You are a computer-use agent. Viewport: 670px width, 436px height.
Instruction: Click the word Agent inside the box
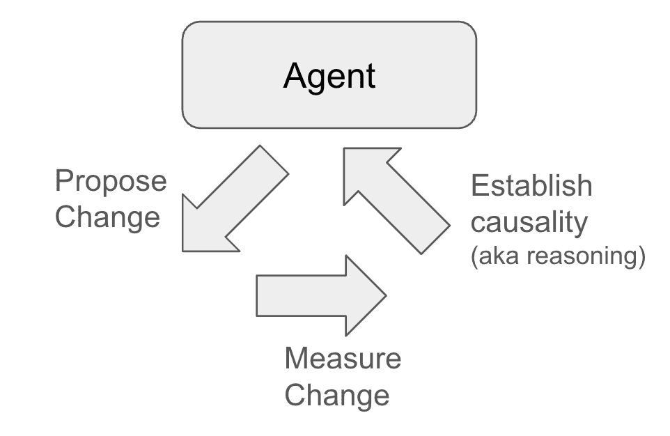[329, 75]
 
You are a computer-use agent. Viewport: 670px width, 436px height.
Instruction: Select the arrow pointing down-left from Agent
[230, 203]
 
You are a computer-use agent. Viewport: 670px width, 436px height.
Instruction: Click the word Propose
[111, 182]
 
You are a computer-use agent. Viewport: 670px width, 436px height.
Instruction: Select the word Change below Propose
[107, 217]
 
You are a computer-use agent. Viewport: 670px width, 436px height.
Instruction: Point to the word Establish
[531, 186]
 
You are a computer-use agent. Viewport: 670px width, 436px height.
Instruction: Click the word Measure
[343, 359]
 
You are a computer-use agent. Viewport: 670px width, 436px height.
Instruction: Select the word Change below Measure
[337, 394]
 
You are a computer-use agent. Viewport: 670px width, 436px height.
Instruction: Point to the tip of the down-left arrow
[185, 249]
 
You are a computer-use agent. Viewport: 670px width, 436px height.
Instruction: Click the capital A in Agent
[295, 75]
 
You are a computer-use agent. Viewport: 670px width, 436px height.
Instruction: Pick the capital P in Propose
[64, 181]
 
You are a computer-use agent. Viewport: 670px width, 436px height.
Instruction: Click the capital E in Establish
[480, 186]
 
